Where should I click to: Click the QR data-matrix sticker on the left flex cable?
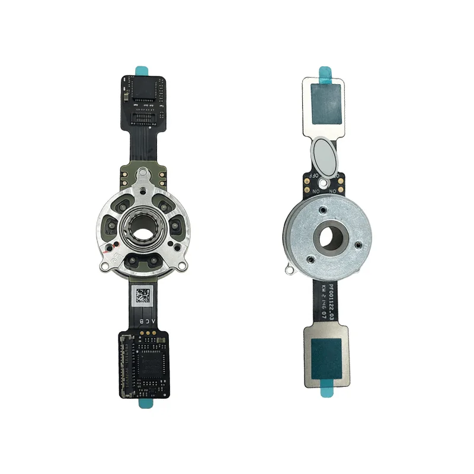click(x=144, y=294)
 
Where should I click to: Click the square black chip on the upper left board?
click(x=146, y=89)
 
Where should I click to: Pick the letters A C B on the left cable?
click(x=145, y=320)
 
